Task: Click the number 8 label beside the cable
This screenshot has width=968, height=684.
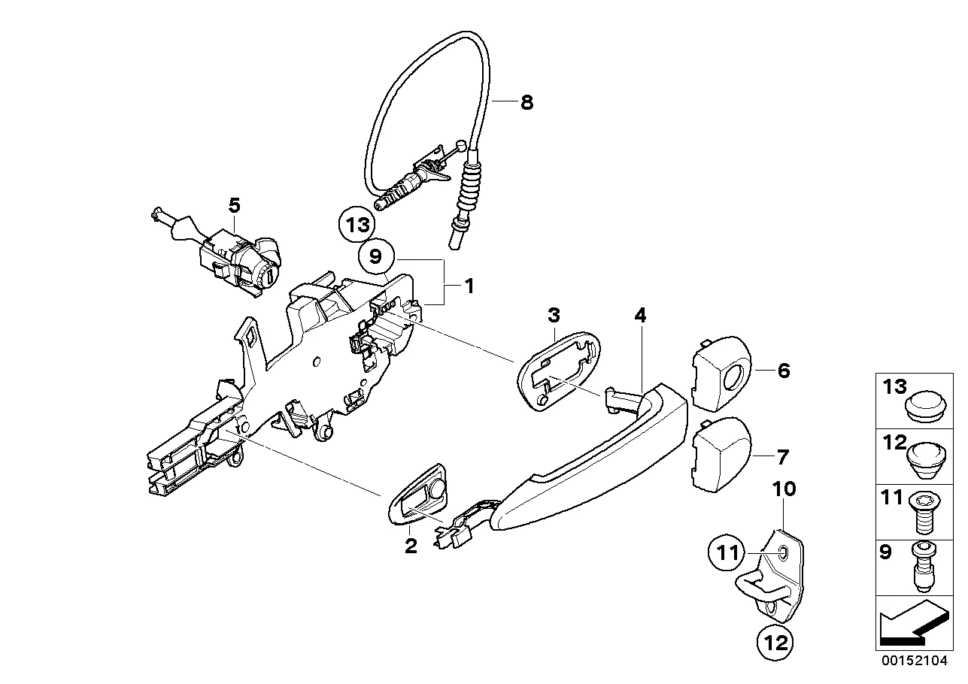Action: (526, 103)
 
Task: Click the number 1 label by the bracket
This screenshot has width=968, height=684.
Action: (469, 286)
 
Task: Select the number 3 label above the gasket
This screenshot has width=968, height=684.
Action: (553, 314)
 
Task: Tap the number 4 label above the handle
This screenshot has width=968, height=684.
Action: (640, 316)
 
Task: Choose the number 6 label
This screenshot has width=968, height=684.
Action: (784, 371)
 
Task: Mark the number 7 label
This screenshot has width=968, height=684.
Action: (783, 456)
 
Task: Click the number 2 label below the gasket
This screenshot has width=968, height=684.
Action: (411, 546)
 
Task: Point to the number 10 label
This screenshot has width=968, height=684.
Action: (784, 489)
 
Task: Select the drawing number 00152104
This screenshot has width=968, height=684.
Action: (917, 661)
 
